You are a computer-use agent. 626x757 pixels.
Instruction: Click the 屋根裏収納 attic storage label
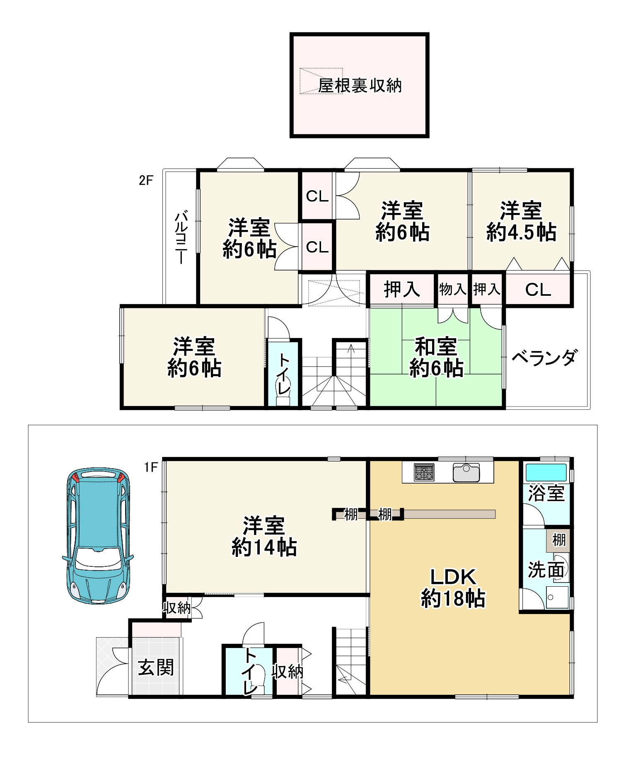(x=360, y=86)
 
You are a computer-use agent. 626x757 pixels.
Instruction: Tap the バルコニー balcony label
(x=181, y=238)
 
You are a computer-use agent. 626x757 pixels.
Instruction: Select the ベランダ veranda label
(x=544, y=358)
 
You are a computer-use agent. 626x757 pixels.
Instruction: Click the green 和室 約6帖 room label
(x=436, y=358)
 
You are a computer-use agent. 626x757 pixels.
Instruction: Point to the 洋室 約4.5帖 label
(x=521, y=222)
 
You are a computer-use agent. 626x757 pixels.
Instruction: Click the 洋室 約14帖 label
(x=264, y=537)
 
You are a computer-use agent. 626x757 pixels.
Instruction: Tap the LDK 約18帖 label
(x=452, y=588)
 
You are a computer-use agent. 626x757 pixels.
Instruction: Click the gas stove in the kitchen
(x=424, y=472)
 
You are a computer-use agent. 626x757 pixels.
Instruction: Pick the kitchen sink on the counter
(x=466, y=472)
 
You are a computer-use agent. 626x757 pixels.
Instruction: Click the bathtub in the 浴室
(x=546, y=472)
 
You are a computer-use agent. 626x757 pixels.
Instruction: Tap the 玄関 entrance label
(x=156, y=668)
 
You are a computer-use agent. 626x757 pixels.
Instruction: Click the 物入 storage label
(x=452, y=289)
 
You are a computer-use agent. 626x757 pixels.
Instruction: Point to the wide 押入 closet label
(x=401, y=289)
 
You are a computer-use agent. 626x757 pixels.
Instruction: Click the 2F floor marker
(x=146, y=180)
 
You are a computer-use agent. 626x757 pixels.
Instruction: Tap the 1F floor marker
(x=151, y=467)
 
